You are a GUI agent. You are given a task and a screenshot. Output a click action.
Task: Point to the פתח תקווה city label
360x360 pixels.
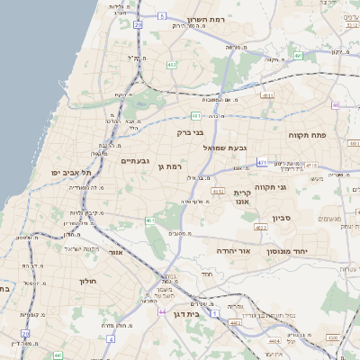[x=306, y=134]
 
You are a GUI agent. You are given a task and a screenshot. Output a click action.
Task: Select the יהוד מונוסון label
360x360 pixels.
[x=289, y=251]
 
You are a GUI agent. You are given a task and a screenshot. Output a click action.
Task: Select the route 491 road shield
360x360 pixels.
[x=298, y=56]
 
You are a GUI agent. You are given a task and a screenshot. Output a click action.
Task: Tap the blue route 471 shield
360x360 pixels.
[x=262, y=162]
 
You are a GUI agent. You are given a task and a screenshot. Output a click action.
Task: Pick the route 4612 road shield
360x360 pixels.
[x=218, y=192]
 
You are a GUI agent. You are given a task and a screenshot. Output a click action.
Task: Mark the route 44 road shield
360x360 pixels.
[x=161, y=310]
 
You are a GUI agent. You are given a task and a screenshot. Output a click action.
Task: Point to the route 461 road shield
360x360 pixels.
[x=149, y=220]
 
